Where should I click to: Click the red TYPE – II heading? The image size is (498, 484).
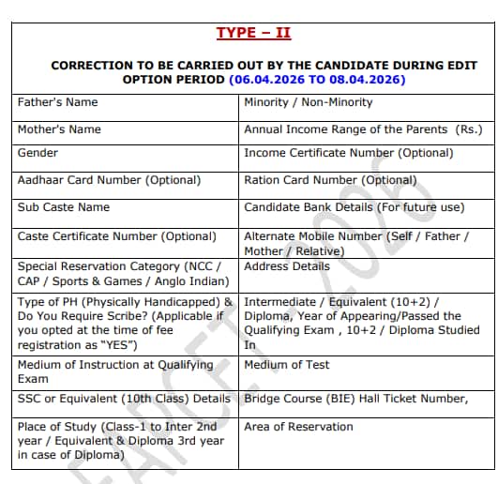(253, 33)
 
